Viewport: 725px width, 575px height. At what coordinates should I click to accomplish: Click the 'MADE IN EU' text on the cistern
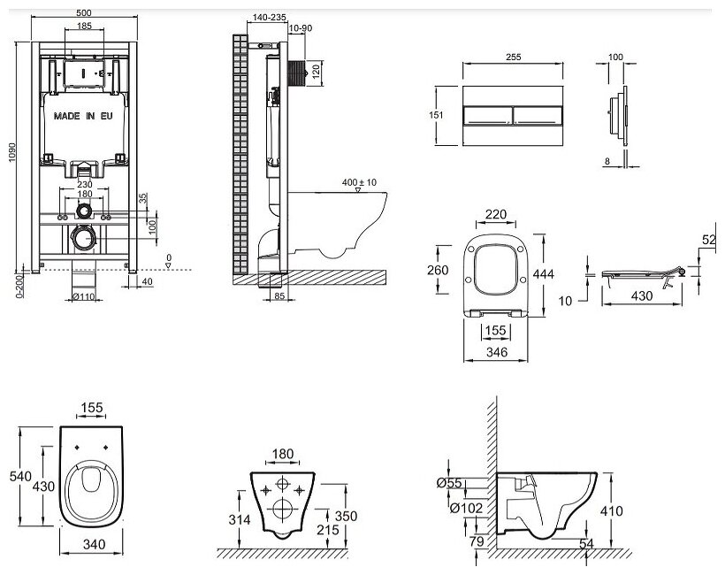(x=86, y=116)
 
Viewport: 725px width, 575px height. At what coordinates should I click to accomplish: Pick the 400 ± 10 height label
(x=359, y=182)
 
